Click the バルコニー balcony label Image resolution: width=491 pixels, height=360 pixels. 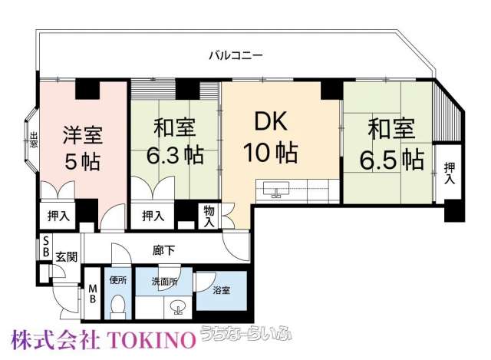236,56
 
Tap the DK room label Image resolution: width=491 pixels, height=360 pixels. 271,121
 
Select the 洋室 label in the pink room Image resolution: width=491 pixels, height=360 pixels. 83,135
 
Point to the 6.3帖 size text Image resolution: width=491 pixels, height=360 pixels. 176,155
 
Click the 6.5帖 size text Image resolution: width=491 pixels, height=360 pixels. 392,160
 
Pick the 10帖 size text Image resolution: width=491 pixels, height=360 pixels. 271,153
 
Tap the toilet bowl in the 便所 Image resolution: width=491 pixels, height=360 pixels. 118,306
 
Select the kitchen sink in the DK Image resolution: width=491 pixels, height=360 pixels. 276,189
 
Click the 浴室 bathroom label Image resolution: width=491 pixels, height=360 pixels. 222,290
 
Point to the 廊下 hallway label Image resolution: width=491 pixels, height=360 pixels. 164,250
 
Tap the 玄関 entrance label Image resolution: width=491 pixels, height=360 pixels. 67,257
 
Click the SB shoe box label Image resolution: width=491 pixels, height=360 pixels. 46,247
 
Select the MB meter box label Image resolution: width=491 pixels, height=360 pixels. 92,293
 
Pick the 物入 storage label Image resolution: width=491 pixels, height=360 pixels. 209,216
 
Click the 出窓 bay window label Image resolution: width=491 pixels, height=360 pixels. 34,140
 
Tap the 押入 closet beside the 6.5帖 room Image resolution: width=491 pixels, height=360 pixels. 450,173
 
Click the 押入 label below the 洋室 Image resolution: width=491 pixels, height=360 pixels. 58,216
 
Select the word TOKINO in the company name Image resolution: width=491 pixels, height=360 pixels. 152,340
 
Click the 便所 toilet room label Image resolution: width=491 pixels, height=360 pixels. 118,280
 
